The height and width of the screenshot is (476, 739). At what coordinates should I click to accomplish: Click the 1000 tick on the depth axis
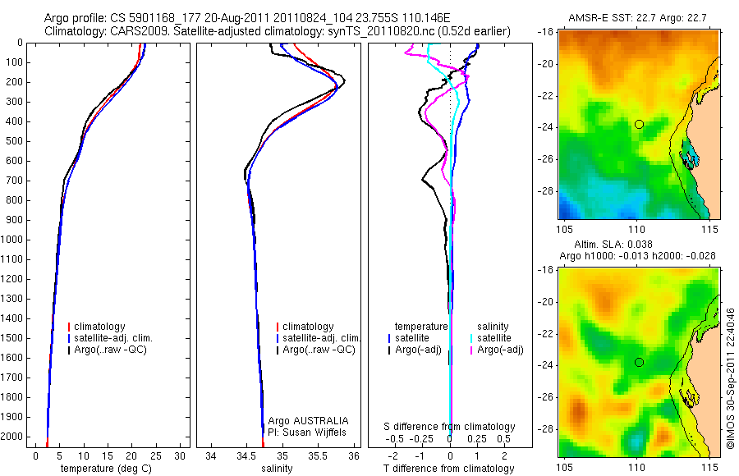(x=16, y=240)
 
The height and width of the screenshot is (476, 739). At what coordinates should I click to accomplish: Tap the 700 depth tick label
(x=16, y=181)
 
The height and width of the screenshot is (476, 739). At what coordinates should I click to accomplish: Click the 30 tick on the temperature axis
(x=181, y=455)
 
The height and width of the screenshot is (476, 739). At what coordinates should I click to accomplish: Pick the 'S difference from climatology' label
(x=450, y=427)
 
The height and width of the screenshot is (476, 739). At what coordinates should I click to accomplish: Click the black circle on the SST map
(x=639, y=124)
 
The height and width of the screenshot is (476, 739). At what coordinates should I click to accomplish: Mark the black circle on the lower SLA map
(x=639, y=362)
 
